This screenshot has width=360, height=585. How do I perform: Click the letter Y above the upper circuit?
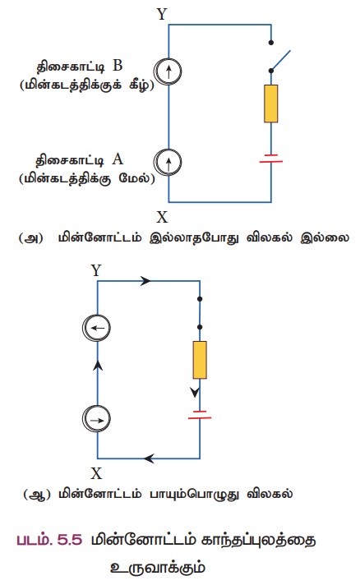(162, 14)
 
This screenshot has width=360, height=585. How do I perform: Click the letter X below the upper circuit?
(162, 217)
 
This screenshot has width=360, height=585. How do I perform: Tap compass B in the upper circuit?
(168, 71)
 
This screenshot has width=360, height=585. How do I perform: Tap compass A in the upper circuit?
(168, 162)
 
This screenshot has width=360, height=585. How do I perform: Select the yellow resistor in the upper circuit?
(271, 104)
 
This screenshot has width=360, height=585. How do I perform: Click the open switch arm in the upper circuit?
(280, 60)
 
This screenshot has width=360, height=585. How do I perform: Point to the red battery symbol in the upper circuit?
(271, 159)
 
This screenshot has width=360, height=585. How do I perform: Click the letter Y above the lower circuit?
(96, 270)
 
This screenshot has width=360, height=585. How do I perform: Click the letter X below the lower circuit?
(96, 473)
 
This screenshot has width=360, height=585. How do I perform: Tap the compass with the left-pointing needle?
(97, 328)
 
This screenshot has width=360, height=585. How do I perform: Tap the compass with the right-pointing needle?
(97, 418)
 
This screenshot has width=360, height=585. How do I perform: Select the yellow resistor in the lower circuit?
(200, 360)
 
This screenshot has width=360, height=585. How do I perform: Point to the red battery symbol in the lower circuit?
(200, 415)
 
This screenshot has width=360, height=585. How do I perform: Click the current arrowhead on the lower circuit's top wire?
(145, 281)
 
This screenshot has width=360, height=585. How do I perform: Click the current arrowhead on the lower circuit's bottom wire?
(150, 458)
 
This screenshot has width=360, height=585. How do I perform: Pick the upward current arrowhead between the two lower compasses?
(98, 366)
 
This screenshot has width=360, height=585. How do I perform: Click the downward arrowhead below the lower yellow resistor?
(195, 393)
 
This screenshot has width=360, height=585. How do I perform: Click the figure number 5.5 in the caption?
(70, 540)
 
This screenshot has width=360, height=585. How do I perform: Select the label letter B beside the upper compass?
(118, 66)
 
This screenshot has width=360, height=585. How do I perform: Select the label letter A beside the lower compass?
(118, 159)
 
